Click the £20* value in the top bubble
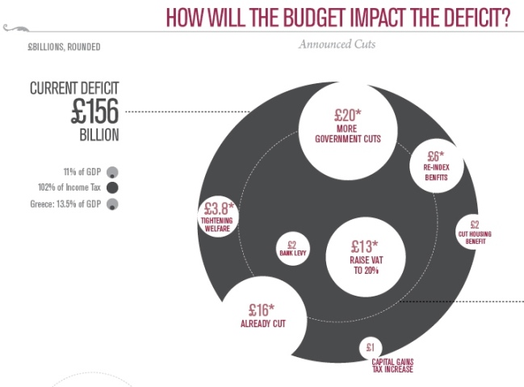(x=348, y=115)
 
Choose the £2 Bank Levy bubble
(x=291, y=248)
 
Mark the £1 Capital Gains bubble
(x=370, y=348)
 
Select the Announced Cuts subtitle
(x=337, y=44)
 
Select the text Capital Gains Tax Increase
(x=393, y=366)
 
